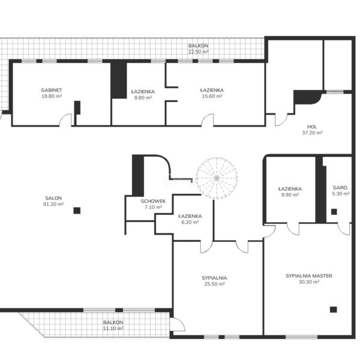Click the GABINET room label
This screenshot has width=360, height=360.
(x=52, y=90)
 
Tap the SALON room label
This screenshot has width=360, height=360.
(x=53, y=198)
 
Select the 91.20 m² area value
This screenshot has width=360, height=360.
(x=53, y=204)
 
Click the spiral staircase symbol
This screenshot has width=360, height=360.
(x=217, y=178)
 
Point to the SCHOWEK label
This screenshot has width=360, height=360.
(x=153, y=201)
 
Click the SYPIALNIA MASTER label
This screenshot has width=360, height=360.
(x=309, y=276)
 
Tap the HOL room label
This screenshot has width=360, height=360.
(x=312, y=127)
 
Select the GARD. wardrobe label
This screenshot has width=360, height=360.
(x=340, y=188)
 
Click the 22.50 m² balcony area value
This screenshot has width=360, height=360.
(x=199, y=52)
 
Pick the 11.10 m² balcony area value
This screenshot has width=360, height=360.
(x=113, y=328)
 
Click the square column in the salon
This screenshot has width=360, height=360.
(x=77, y=211)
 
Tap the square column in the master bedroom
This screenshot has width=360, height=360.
(x=334, y=310)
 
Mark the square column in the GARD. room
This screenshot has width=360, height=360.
(x=334, y=212)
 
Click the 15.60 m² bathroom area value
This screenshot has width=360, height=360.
(x=212, y=96)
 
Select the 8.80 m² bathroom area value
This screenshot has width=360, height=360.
(x=143, y=98)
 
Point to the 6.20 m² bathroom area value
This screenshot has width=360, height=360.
(x=190, y=222)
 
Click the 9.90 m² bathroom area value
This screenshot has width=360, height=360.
(x=290, y=195)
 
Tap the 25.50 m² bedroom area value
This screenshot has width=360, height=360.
(x=214, y=284)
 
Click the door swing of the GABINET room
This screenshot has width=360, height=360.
(x=65, y=119)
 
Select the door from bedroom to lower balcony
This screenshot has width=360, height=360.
(x=177, y=324)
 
